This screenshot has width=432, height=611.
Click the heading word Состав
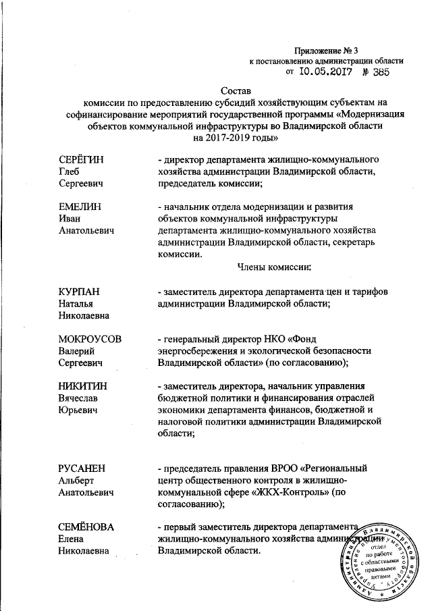pos(235,90)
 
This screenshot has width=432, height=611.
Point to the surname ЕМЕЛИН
pos(80,206)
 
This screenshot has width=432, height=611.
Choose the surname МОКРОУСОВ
pos(90,338)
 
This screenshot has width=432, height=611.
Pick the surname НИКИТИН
pos(83,386)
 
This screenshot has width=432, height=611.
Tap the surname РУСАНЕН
pos(82,469)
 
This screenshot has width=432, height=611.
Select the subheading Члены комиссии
pos(273,267)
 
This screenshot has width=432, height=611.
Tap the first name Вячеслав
pos(78,398)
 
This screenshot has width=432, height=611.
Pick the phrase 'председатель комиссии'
pos(207,182)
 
